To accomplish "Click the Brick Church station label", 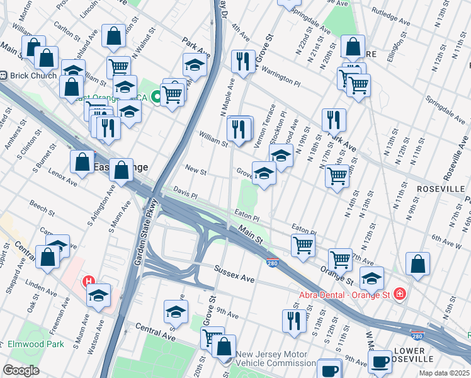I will tap(33, 76).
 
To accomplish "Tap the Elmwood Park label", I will tap(37, 345).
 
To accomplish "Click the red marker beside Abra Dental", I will tap(398, 294).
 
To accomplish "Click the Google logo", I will tap(21, 370).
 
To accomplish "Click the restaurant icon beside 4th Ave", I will tap(243, 61).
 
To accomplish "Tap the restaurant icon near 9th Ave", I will tap(294, 320).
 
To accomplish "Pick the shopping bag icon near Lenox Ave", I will tap(82, 162).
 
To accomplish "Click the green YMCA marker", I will tap(156, 98).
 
